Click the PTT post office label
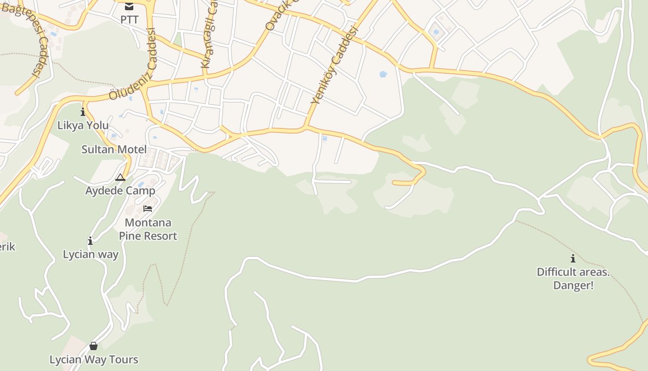pyautogui.click(x=129, y=19)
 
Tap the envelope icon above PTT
pyautogui.click(x=129, y=6)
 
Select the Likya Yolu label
pyautogui.click(x=83, y=125)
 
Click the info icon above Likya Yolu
pyautogui.click(x=83, y=112)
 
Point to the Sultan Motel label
pyautogui.click(x=114, y=149)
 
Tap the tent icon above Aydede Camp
pyautogui.click(x=120, y=177)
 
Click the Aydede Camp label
pyautogui.click(x=120, y=191)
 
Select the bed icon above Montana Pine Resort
pyautogui.click(x=148, y=209)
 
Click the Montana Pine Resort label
pyautogui.click(x=148, y=229)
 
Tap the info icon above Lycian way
pyautogui.click(x=90, y=241)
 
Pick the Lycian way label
pyautogui.click(x=91, y=254)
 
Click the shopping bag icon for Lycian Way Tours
pyautogui.click(x=93, y=346)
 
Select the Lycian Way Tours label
pyautogui.click(x=94, y=359)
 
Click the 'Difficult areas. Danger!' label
pyautogui.click(x=573, y=278)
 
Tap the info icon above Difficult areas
pyautogui.click(x=573, y=258)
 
